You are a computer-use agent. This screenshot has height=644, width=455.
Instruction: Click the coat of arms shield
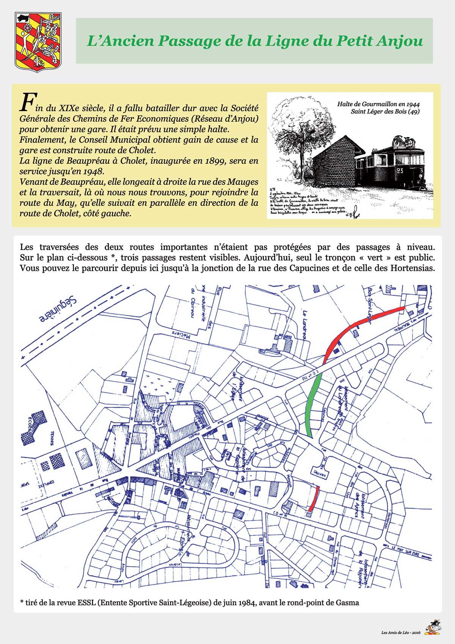click(38, 42)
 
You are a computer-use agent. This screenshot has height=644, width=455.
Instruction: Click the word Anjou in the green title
click(399, 41)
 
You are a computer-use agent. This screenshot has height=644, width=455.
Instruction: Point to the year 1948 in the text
click(91, 171)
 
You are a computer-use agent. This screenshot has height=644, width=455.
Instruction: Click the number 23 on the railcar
click(400, 171)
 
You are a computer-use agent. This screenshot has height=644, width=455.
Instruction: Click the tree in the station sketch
click(300, 125)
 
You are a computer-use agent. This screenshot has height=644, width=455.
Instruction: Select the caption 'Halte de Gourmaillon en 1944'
click(378, 104)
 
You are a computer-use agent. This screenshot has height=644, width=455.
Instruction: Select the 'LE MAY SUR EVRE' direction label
click(406, 548)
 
